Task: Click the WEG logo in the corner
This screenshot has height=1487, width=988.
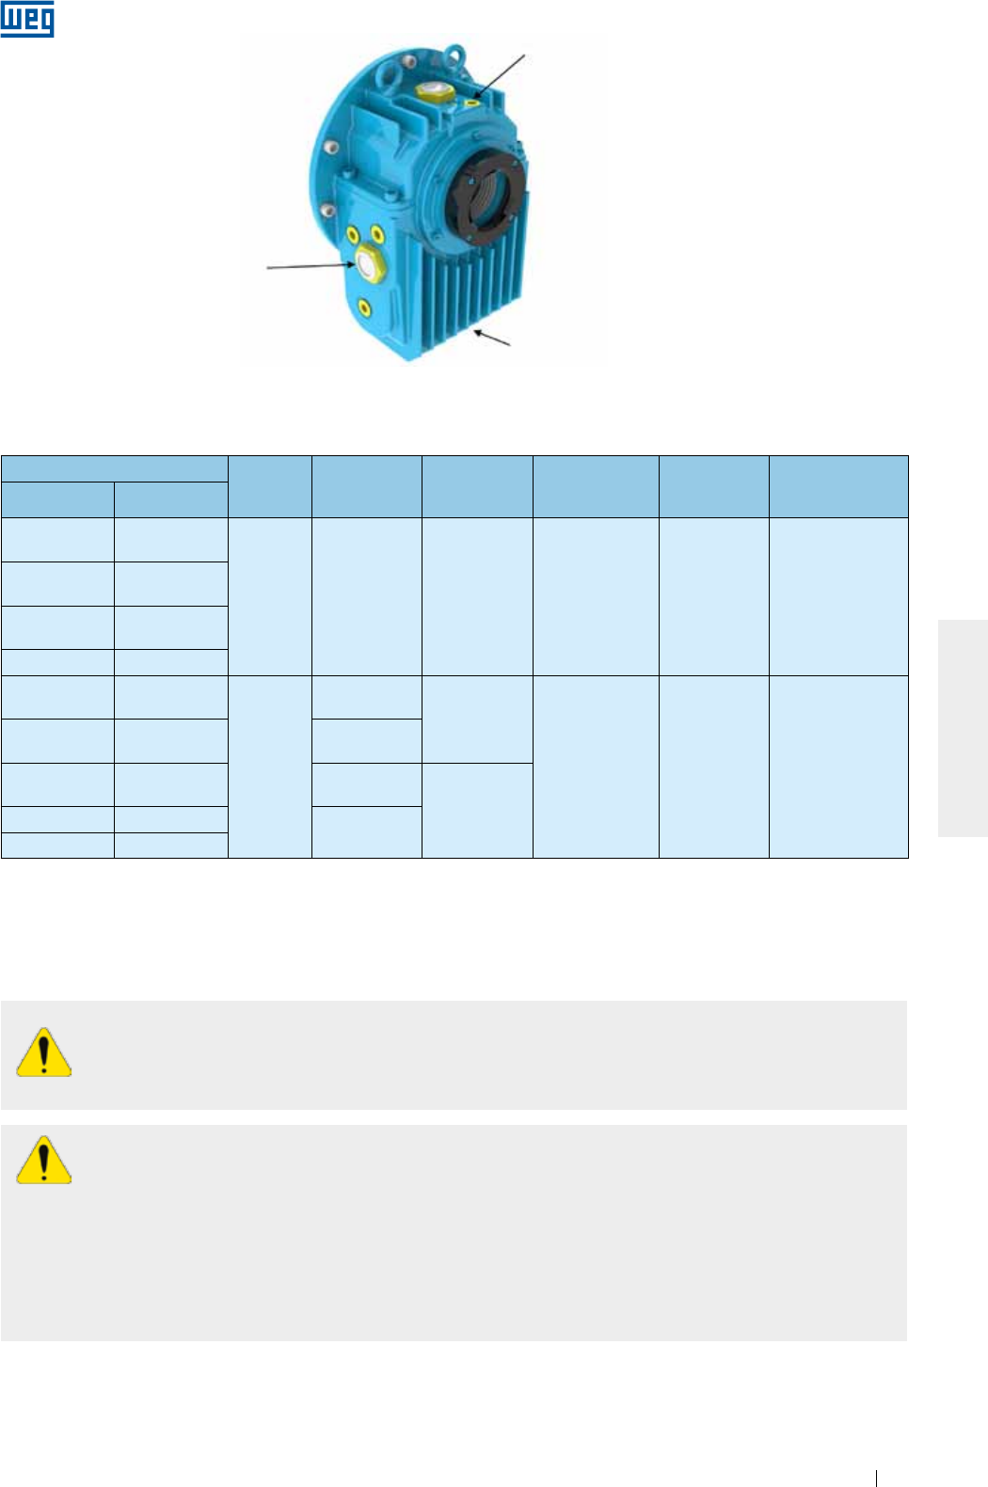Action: pos(27,20)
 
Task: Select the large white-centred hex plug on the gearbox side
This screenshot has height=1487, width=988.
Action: pos(364,262)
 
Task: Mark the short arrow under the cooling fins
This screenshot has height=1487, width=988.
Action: pos(493,339)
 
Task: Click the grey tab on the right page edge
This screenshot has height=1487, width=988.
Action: pos(963,727)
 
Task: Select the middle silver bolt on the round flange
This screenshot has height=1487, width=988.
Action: pos(331,148)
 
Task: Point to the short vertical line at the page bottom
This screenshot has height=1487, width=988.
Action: pos(876,1479)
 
